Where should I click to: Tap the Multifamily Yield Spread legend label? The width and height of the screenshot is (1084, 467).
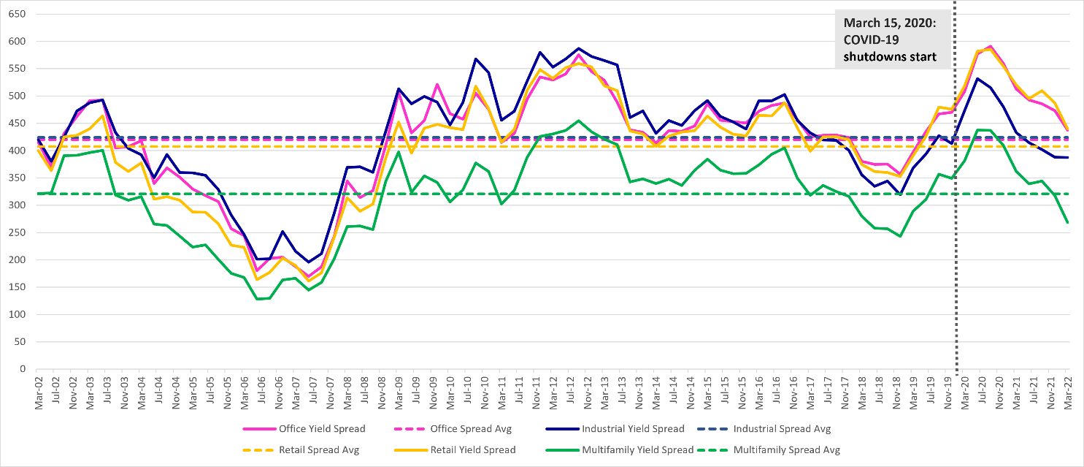637,450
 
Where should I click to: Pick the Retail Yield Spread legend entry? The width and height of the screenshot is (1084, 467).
474,450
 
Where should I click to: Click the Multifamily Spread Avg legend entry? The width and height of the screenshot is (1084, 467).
787,450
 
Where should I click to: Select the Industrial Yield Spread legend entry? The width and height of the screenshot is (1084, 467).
633,429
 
